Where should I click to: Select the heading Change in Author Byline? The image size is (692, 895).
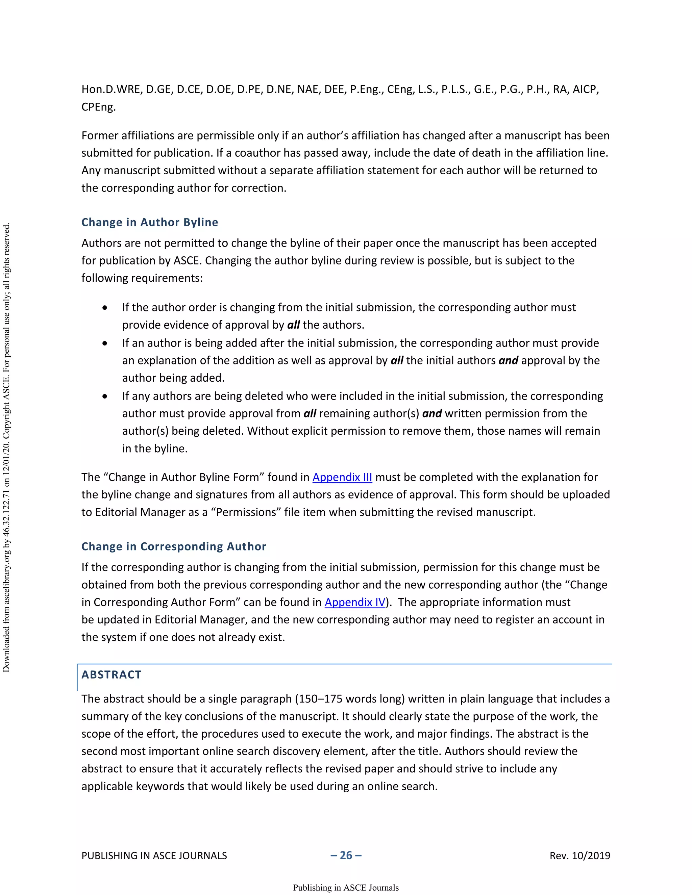150,222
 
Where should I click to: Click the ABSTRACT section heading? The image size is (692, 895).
112,674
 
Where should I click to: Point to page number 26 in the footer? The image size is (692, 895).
346,855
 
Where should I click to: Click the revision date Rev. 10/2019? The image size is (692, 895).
580,856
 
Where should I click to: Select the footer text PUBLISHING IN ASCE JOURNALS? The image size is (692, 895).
154,856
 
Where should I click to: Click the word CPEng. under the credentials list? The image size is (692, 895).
98,107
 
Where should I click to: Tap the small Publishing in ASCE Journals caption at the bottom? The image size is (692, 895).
346,888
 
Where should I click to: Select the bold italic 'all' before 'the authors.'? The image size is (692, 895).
294,325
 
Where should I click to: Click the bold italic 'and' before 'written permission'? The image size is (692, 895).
432,413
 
